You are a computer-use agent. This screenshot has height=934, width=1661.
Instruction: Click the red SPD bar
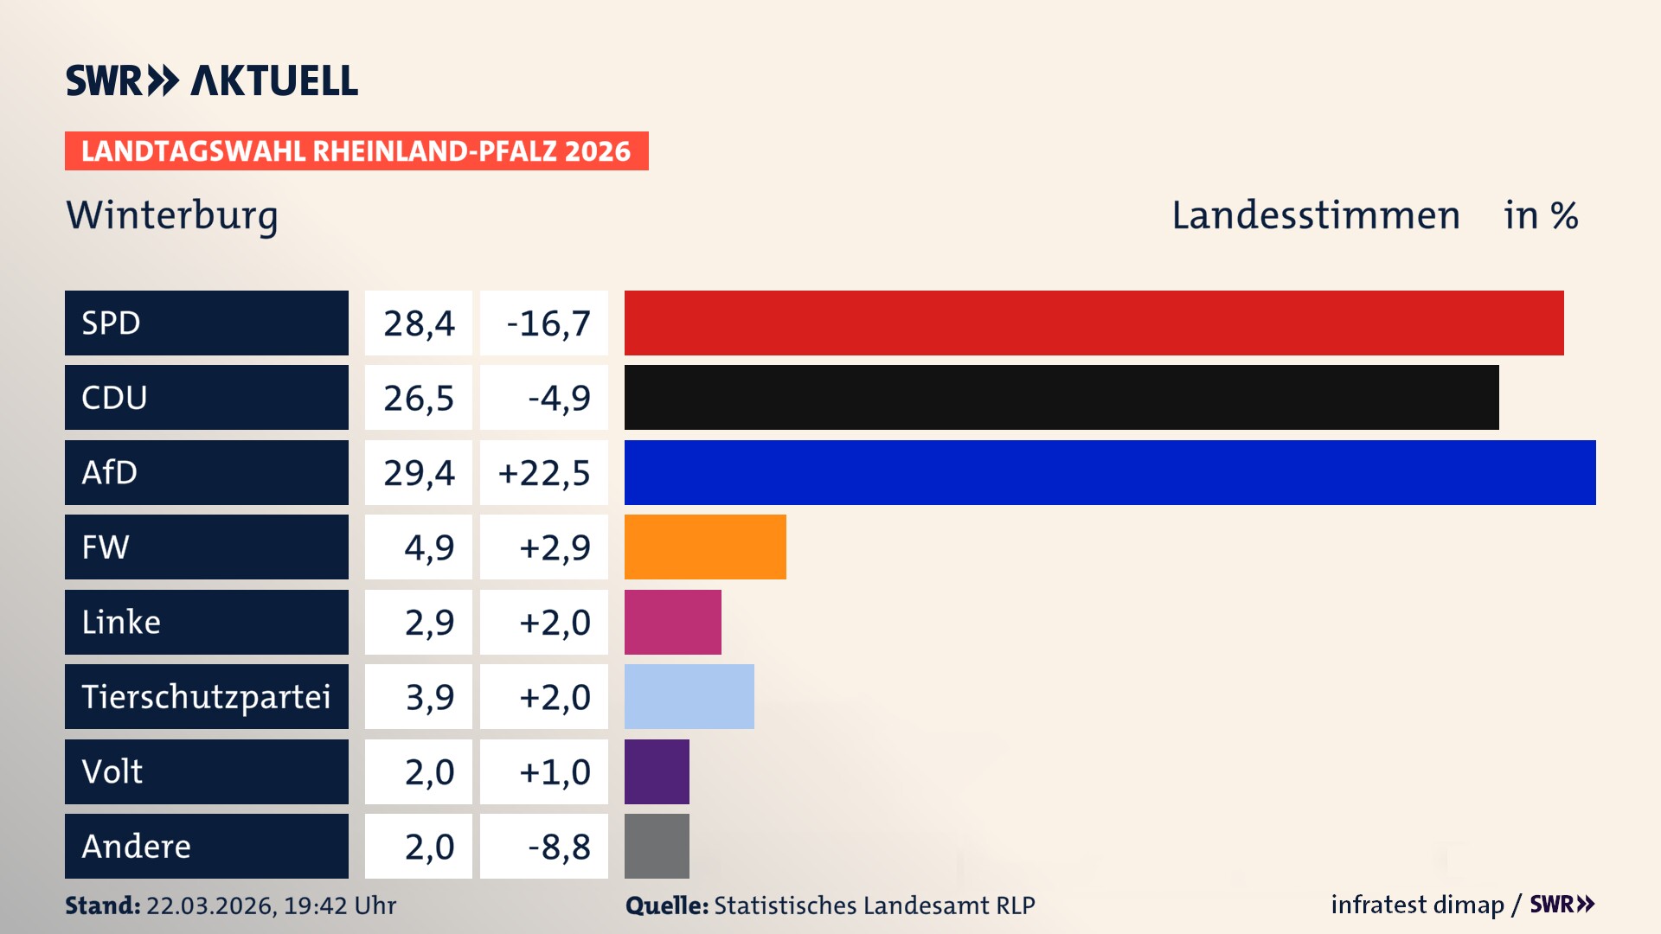tap(1093, 323)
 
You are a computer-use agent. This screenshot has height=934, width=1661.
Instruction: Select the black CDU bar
tap(1061, 397)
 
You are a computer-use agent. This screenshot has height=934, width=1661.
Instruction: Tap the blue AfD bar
tap(1109, 472)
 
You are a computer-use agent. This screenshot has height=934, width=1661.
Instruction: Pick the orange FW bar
tap(705, 547)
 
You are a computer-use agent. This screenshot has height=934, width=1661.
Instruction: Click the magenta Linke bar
tap(672, 622)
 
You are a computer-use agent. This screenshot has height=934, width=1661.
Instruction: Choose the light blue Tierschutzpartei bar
tap(689, 696)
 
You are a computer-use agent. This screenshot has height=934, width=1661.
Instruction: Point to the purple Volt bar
tap(657, 771)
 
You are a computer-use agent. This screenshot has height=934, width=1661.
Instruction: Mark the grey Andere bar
tap(657, 846)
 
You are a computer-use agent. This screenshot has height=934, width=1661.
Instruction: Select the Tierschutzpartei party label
tap(206, 696)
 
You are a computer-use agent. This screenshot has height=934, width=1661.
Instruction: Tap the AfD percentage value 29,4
tap(419, 472)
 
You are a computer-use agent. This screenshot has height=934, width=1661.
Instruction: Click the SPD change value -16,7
tap(547, 323)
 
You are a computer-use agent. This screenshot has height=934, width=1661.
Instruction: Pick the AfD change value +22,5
tap(544, 472)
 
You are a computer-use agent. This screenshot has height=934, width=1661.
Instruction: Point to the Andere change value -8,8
tap(559, 846)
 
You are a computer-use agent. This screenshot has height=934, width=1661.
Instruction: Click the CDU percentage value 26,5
tap(419, 397)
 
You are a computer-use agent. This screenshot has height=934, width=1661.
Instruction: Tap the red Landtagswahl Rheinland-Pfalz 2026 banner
tap(356, 150)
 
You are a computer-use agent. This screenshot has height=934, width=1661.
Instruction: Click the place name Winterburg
tap(172, 215)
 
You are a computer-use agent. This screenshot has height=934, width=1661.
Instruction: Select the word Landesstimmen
tap(1315, 215)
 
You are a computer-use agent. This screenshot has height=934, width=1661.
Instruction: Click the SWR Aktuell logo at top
tap(211, 80)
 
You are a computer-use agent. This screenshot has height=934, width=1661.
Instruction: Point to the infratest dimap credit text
tap(1417, 905)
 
